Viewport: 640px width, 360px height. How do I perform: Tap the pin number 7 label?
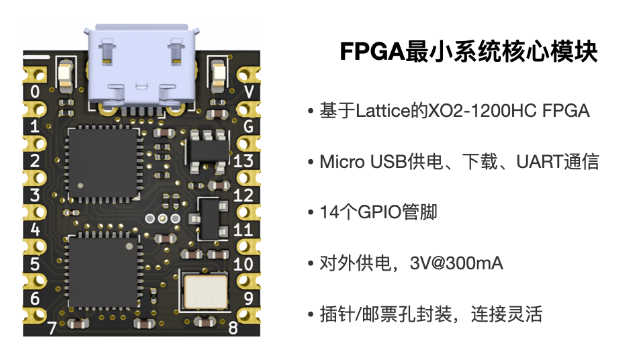tap(52, 327)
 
